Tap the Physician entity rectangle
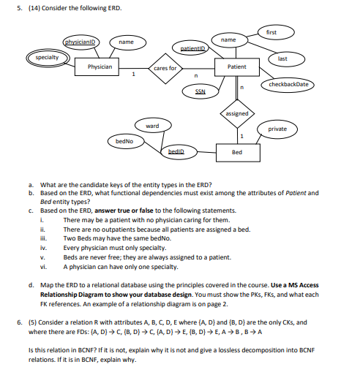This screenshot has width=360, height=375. (x=100, y=67)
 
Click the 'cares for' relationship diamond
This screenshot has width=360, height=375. (x=165, y=67)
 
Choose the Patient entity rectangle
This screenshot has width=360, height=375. (x=237, y=67)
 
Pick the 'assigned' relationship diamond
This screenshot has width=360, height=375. (x=237, y=114)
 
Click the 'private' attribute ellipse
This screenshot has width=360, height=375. (x=277, y=129)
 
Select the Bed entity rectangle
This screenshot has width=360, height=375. (x=237, y=153)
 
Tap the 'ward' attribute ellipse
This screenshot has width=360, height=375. (x=152, y=126)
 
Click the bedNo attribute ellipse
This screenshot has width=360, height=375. (x=124, y=140)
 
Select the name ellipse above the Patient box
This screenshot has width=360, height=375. (x=229, y=39)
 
